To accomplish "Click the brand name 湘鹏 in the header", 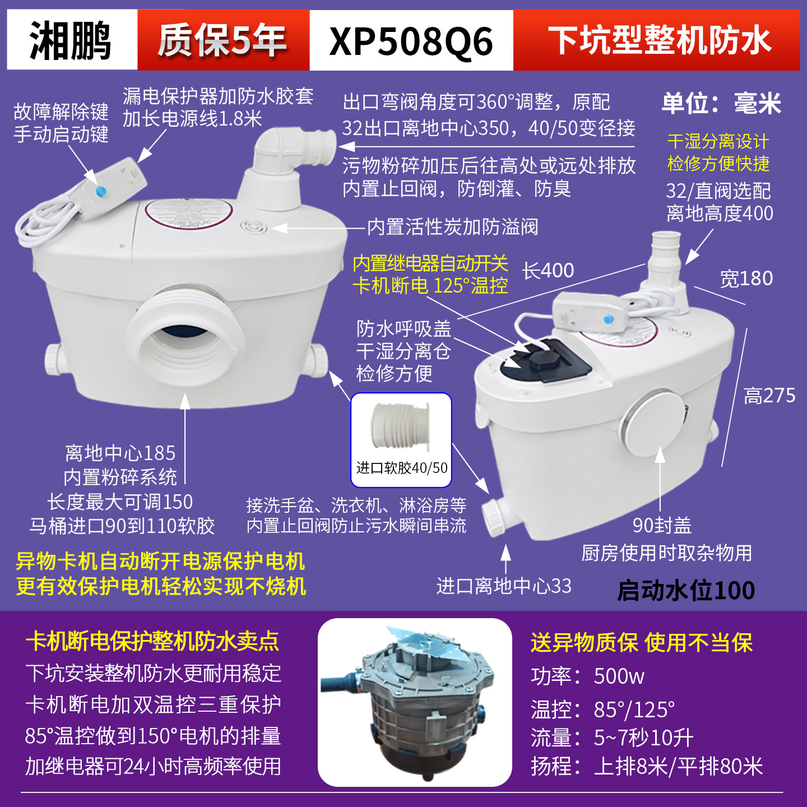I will point(71,40).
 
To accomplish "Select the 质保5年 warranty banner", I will point(222,40).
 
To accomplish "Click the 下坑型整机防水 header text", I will point(659,40).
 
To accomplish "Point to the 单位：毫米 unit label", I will point(721,104).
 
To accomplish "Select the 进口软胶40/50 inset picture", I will point(401,439).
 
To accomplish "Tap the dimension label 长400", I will point(548,271).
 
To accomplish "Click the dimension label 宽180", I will point(746,279).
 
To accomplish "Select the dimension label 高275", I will point(769,396).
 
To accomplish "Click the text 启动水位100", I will point(686,591).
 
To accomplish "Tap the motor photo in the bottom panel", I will point(415,702).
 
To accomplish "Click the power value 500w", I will point(619,676).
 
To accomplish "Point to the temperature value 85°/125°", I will point(634,710).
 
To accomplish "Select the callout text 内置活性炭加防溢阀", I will point(452,227).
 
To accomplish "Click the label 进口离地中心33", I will point(504,586).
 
